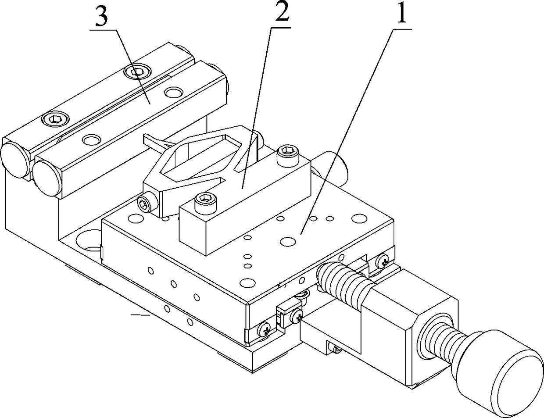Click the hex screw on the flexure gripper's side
pyautogui.click(x=144, y=202)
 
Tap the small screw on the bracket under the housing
pyautogui.click(x=336, y=349)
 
